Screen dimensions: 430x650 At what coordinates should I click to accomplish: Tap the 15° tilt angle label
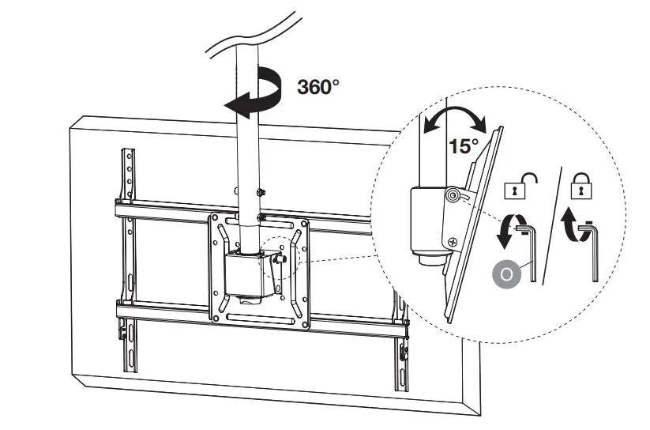click(x=464, y=145)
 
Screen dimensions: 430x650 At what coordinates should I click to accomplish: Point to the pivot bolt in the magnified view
click(x=453, y=194)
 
